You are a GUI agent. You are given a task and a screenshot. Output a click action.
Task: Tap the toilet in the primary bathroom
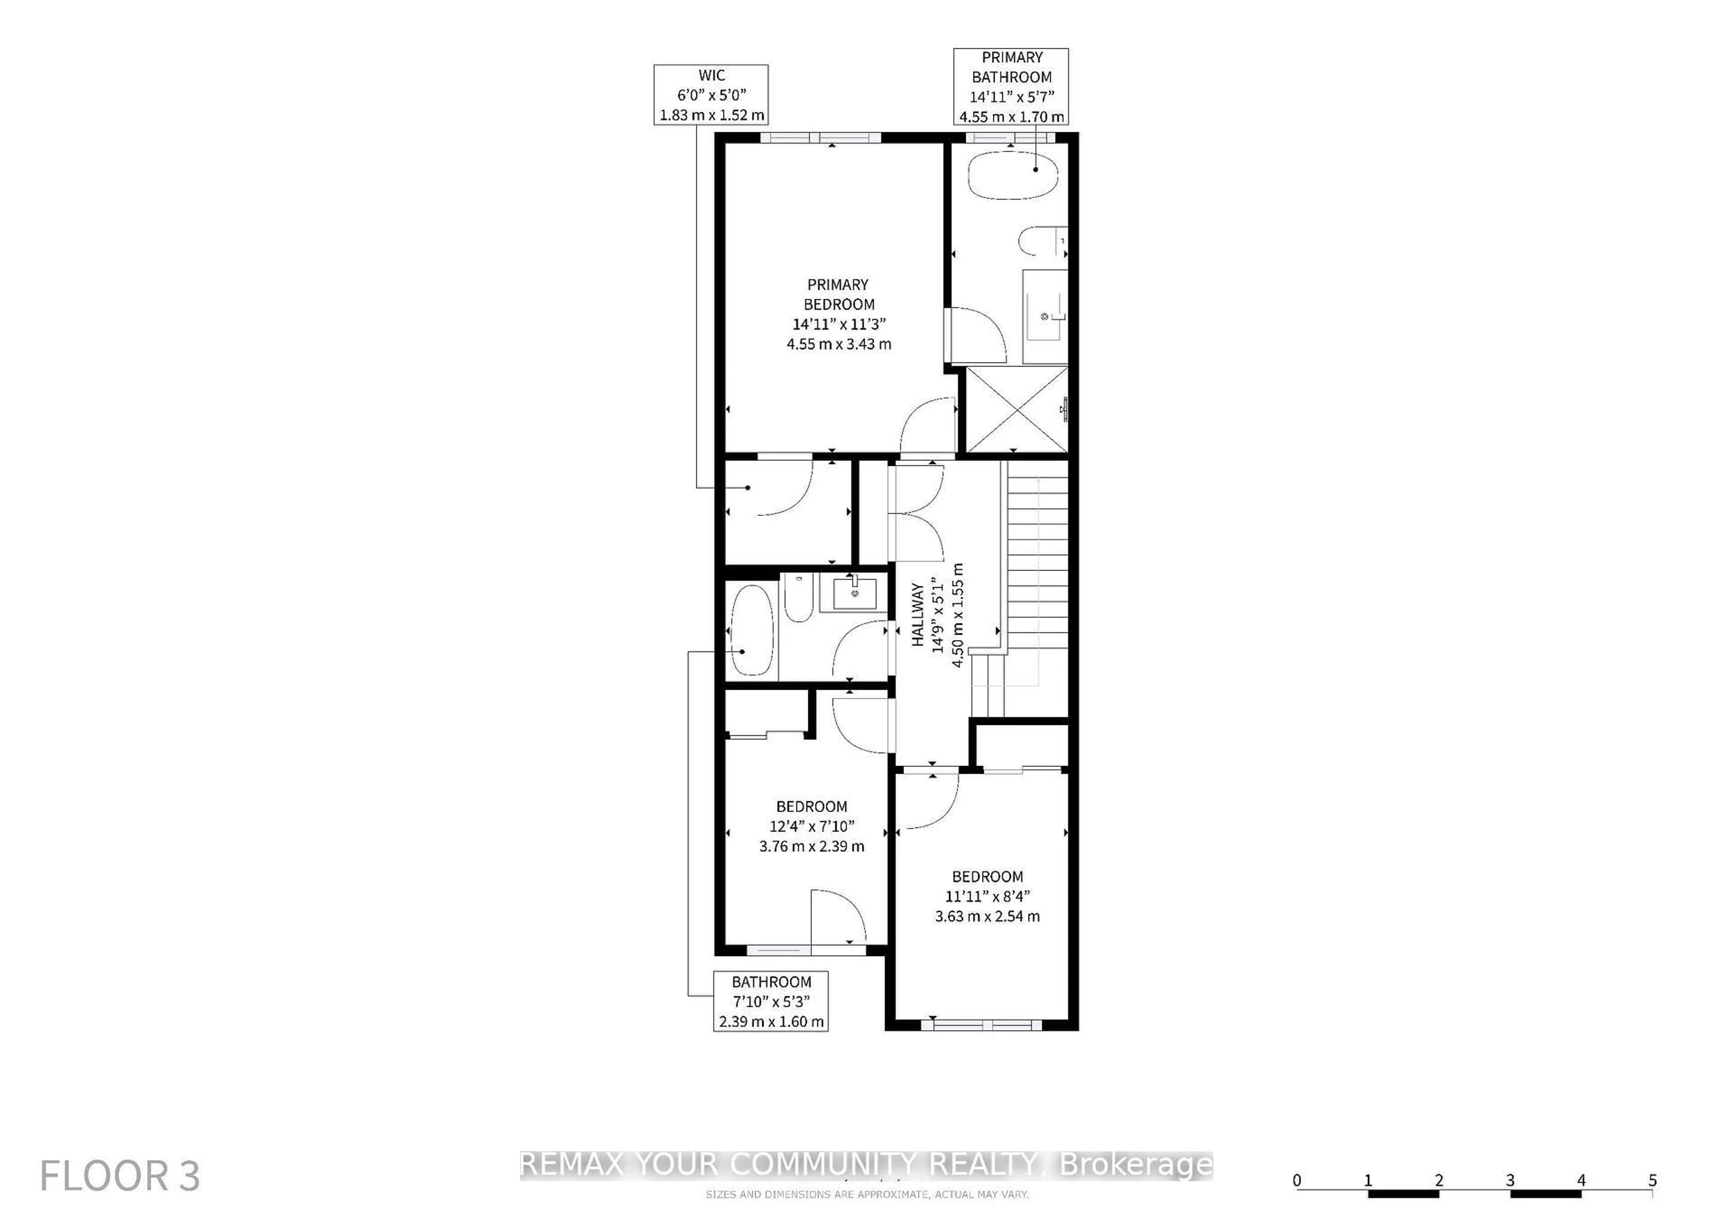tap(1038, 241)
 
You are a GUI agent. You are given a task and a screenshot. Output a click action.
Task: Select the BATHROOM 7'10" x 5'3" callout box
tap(771, 1001)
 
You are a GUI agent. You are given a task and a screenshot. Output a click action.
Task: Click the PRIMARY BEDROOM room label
tap(839, 294)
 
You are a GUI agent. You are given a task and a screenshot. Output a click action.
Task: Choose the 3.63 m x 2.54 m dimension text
tap(987, 916)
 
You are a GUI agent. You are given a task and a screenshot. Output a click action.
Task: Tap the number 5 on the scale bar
tap(1652, 1180)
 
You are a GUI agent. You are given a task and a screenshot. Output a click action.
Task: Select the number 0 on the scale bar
tap(1297, 1180)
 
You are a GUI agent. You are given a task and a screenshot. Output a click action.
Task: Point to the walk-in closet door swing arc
tap(792, 498)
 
